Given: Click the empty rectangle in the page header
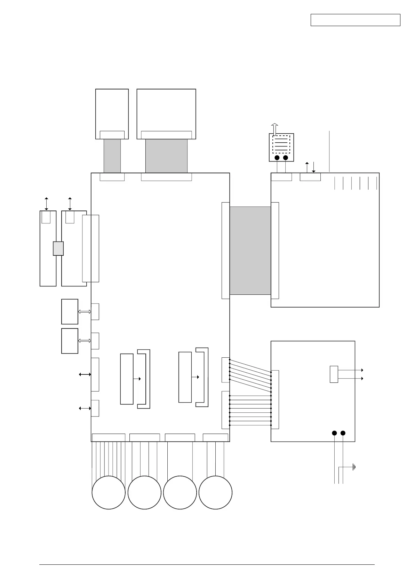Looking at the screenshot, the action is coord(355,20).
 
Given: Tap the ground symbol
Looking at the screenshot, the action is coord(353,467).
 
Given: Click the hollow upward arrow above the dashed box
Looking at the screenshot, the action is coord(274,128).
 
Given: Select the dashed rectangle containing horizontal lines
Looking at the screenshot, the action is coord(281,143).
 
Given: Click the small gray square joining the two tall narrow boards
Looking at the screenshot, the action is coord(58,248).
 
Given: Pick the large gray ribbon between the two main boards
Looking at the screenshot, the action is coord(250,251).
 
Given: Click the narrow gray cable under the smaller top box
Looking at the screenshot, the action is coord(112,156).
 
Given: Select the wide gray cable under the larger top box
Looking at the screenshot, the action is coord(166,156).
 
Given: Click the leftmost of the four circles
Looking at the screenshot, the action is coord(109,492).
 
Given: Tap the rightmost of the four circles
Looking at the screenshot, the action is coord(215,492).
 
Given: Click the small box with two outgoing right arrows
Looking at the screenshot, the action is coord(334,374).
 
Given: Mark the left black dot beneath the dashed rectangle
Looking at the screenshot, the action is coord(277,158).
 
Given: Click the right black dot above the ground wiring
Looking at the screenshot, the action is coord(343,433).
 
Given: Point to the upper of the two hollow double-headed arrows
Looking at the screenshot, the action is coord(85,312).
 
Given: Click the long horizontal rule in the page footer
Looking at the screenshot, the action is coord(207,565).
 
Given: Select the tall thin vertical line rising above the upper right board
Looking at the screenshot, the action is coord(329,151).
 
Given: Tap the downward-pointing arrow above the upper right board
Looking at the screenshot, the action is coord(313,167).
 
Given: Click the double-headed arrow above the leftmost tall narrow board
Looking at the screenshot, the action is coord(46,204).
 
